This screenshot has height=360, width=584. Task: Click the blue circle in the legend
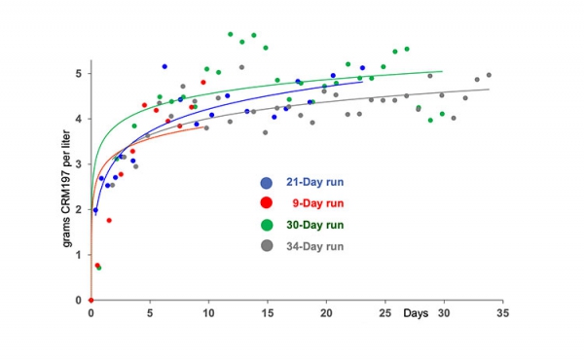point(267,183)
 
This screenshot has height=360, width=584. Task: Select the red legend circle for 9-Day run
point(267,203)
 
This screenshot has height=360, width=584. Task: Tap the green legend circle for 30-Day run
point(267,225)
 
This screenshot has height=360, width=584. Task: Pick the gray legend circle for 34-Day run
point(267,246)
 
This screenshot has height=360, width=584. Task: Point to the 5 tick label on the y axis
point(80,74)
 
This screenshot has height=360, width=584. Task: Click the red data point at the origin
point(91,300)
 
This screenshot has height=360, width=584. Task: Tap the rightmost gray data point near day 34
point(489,75)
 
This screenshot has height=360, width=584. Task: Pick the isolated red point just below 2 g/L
point(109,220)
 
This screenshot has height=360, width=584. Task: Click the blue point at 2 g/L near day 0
point(94,210)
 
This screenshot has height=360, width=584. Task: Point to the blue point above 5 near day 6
point(164,66)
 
